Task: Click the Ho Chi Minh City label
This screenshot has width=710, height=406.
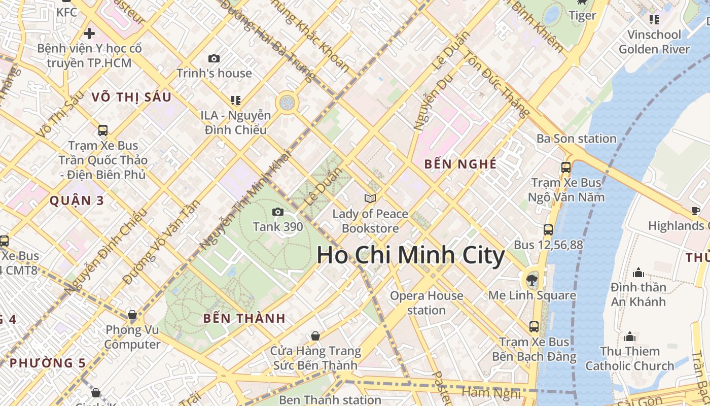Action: (x=410, y=255)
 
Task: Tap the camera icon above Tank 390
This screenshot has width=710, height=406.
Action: (x=278, y=212)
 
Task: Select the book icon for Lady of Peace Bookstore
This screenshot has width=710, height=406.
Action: (x=370, y=198)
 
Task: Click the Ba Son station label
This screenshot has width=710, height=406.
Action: (x=577, y=139)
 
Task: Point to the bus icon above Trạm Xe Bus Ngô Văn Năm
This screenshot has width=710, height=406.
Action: (x=565, y=167)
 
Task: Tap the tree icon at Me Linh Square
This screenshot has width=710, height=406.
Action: (x=532, y=279)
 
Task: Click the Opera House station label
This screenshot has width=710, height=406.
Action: (x=427, y=302)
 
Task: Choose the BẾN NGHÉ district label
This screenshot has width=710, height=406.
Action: (x=460, y=164)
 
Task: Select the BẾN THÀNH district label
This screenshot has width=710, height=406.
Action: (x=244, y=319)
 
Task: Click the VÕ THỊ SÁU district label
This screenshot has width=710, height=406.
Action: (x=131, y=97)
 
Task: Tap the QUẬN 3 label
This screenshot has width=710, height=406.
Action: (x=77, y=200)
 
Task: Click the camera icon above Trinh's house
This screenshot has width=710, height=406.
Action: (x=214, y=59)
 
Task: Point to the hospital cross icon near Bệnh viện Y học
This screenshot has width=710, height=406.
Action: (x=89, y=34)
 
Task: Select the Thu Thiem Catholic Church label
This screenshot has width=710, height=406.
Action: (x=630, y=358)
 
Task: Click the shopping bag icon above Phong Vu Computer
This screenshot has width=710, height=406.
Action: (x=132, y=315)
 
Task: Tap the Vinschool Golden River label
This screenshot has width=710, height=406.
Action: (x=654, y=42)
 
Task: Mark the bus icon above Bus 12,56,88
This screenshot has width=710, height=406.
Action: (x=548, y=229)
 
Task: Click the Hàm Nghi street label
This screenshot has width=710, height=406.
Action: (x=491, y=393)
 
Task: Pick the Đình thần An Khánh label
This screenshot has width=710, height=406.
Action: (x=638, y=294)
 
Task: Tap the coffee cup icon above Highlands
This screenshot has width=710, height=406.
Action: (x=696, y=211)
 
